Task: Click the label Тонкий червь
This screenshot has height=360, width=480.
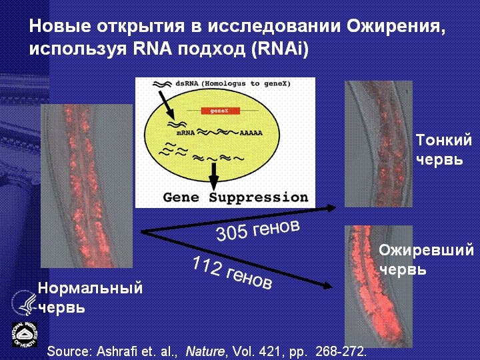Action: click(443, 150)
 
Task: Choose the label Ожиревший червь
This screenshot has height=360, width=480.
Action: click(426, 260)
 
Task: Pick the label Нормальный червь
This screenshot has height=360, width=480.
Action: click(90, 297)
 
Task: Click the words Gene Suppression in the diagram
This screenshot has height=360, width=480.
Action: click(235, 198)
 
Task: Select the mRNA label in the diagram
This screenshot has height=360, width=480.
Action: click(176, 133)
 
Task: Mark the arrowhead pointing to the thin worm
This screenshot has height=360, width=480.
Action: click(331, 209)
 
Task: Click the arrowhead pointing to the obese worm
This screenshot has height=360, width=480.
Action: click(327, 287)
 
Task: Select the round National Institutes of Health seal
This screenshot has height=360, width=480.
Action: click(24, 334)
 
